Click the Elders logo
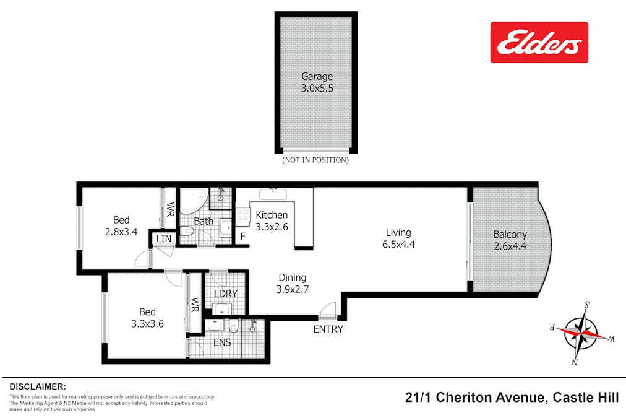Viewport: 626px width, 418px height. point(539,42)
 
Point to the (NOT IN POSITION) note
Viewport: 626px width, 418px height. point(315,160)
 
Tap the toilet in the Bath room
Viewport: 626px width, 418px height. point(187,232)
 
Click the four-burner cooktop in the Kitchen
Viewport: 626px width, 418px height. point(242,216)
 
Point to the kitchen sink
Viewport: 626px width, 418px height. point(272,194)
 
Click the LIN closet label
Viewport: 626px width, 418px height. point(163,238)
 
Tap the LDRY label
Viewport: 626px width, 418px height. point(225,293)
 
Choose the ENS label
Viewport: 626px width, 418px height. point(222,342)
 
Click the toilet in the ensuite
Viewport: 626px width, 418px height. point(233,326)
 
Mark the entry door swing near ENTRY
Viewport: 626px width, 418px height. point(328,310)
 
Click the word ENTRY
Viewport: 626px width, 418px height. point(328,329)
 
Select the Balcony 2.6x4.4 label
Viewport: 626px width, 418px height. point(510,240)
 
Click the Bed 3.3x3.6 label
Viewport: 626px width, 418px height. point(147,317)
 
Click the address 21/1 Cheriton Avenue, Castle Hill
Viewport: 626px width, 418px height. point(511,398)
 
